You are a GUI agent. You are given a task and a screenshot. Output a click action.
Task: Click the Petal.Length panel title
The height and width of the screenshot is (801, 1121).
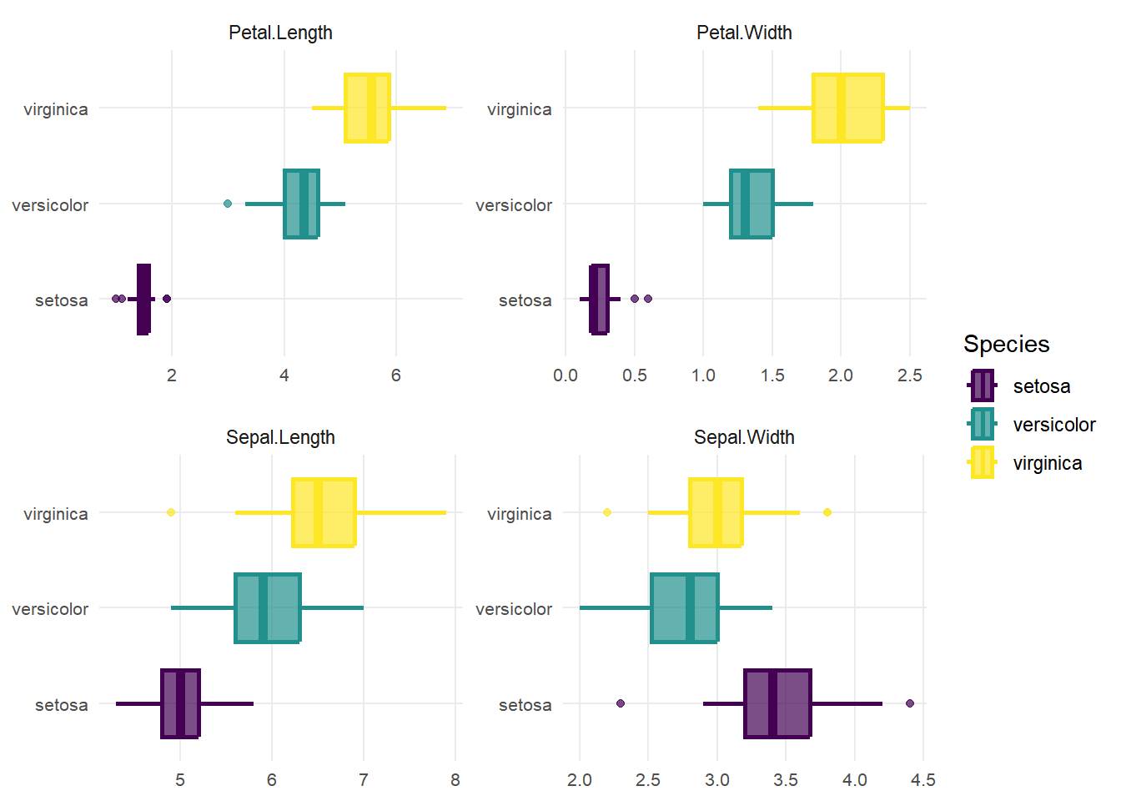[280, 33]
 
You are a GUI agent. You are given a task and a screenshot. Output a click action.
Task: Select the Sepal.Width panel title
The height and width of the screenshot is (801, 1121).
[744, 437]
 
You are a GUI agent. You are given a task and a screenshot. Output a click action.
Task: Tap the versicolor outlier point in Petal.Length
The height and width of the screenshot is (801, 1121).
[228, 204]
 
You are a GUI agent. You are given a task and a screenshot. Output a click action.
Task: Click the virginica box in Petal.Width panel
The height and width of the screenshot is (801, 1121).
[848, 108]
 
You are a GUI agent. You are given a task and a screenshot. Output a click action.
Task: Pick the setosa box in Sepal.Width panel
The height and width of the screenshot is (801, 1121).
[777, 703]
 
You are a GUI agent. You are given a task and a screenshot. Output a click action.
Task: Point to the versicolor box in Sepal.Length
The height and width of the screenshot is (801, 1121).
[267, 607]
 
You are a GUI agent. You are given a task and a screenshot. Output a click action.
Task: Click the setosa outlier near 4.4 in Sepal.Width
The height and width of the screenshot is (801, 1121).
[910, 703]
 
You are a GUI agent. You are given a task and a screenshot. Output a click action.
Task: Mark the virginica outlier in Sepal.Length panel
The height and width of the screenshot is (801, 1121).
[171, 512]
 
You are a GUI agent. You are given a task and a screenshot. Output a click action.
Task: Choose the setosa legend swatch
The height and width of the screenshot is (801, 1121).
[983, 386]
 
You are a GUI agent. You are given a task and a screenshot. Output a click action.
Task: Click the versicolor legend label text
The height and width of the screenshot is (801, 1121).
[1053, 425]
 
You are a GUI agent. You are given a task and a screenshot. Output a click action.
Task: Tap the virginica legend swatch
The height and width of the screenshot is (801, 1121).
[983, 462]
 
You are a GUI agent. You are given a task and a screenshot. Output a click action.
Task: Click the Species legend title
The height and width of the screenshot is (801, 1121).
[1006, 344]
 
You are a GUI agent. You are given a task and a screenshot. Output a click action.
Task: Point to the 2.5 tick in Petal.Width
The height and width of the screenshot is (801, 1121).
[909, 375]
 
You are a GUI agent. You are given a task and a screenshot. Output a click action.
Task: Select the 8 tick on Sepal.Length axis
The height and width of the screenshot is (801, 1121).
[455, 780]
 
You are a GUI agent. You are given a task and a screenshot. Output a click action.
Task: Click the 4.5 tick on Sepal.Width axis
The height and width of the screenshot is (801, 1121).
[922, 780]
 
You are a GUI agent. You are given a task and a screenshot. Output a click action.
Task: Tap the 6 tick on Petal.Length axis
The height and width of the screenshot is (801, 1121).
[396, 375]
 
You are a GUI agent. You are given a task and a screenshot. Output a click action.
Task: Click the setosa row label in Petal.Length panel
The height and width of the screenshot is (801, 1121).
[62, 300]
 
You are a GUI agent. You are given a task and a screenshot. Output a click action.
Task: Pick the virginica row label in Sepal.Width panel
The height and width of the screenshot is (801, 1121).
[519, 514]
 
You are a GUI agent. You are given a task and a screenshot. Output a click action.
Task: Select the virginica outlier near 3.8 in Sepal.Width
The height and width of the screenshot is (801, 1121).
[827, 512]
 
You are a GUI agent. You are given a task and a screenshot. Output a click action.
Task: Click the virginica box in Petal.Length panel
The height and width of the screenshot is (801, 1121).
[367, 108]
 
